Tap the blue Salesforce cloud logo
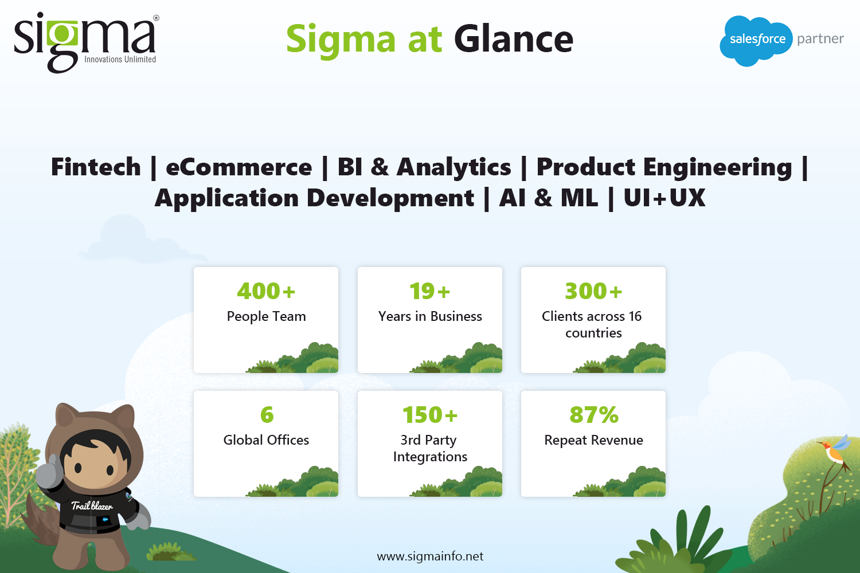[756, 41]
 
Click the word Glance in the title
[514, 39]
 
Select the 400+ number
[266, 291]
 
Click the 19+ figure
[429, 291]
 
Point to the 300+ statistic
[593, 291]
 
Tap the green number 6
[267, 414]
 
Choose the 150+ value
[430, 414]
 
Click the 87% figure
[594, 414]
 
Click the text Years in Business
[430, 316]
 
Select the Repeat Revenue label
[593, 440]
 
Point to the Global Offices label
[266, 440]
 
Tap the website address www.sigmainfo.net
[430, 556]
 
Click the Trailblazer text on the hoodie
[92, 506]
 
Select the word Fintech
[96, 167]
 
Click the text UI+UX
[664, 198]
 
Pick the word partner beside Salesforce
[820, 39]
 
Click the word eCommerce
[239, 167]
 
